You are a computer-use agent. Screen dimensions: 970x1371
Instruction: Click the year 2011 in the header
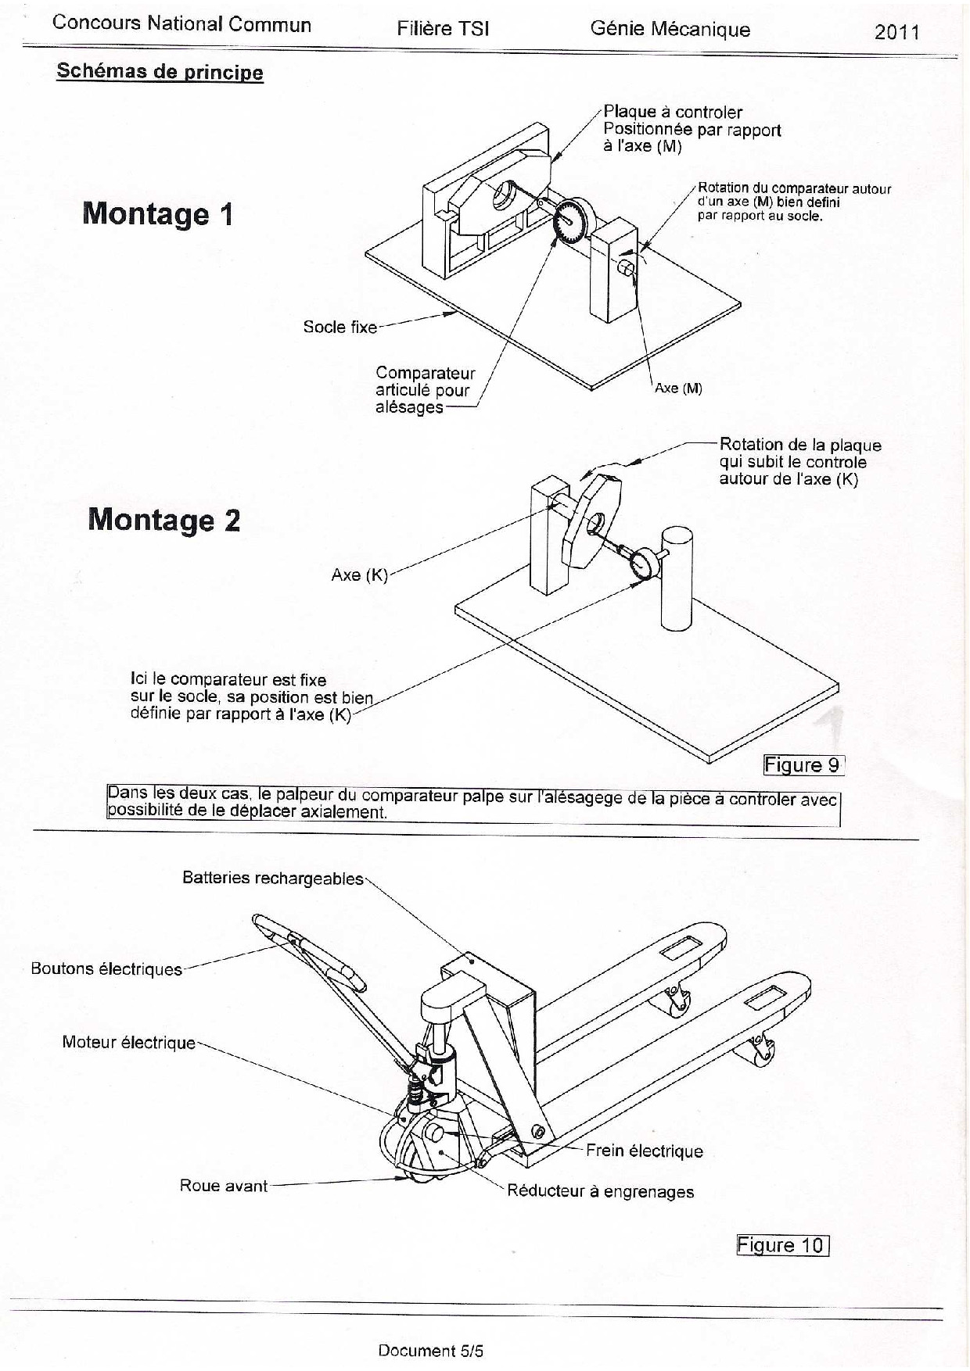897,32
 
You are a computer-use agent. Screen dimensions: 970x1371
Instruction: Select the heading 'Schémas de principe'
160,72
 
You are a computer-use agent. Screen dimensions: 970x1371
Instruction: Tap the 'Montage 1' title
158,213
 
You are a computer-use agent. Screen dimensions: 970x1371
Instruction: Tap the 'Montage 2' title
164,520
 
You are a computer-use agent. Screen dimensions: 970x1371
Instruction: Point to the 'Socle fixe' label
340,327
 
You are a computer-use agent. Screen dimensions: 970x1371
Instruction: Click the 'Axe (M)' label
678,388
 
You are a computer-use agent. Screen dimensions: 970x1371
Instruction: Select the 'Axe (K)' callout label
360,575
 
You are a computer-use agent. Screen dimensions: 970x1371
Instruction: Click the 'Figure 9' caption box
803,764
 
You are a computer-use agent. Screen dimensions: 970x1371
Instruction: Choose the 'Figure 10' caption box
782,1244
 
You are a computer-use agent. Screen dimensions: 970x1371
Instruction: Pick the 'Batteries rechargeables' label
273,878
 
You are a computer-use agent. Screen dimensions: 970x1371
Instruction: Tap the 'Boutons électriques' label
106,969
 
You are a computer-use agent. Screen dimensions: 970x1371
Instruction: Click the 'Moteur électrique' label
129,1043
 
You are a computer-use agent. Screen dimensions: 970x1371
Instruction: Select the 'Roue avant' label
224,1186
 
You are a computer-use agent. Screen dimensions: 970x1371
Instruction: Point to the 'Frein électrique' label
645,1151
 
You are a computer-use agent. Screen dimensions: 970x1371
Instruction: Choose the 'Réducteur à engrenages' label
601,1191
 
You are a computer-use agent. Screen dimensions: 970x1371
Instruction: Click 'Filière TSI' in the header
443,29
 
